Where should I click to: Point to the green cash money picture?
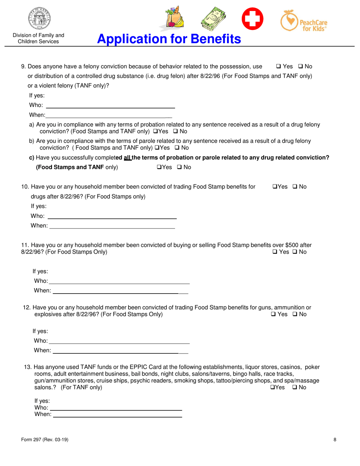(x=213, y=19)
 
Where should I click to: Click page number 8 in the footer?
(x=335, y=439)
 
